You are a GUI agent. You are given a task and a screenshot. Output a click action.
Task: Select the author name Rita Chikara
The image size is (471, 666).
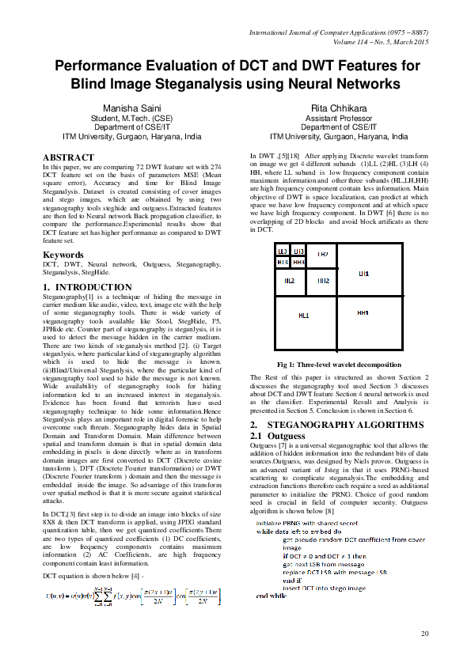[x=333, y=107]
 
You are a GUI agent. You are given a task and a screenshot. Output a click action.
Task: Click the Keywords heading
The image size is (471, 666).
[x=65, y=255]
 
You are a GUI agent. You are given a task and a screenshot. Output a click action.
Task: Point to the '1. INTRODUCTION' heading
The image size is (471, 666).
[x=87, y=287]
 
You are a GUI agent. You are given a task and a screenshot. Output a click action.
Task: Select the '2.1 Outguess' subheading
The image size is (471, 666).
[x=277, y=436]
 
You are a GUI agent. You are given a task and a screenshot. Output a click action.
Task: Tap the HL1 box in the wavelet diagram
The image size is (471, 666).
[x=303, y=316]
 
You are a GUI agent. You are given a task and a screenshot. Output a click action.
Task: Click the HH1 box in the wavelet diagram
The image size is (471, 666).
[x=363, y=313]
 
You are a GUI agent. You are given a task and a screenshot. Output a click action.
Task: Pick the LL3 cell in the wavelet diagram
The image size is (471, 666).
[x=283, y=252]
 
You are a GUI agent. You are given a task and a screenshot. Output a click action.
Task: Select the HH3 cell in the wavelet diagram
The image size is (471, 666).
[x=298, y=262]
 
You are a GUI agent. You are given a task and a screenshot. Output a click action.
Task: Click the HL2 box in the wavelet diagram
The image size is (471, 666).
[x=290, y=281]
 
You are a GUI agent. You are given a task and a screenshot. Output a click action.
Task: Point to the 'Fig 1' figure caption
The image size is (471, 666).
[x=339, y=364]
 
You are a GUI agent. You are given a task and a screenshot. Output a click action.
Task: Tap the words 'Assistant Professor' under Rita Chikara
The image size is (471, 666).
[x=333, y=117]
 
